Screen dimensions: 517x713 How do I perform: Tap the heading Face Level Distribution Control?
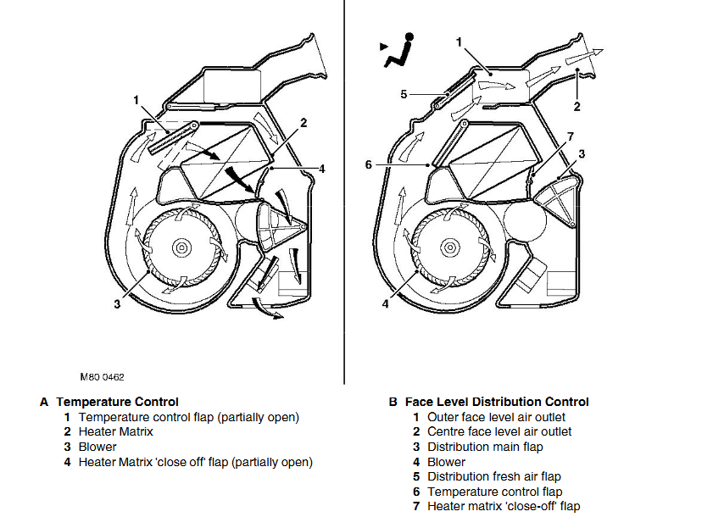[x=497, y=402]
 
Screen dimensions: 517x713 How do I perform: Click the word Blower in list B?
[x=446, y=462]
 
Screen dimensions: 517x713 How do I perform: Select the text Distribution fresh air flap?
[x=493, y=476]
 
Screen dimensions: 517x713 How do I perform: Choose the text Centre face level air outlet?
[x=499, y=431]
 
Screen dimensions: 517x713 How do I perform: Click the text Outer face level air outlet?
[x=496, y=417]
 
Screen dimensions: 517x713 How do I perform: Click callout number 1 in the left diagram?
[x=136, y=100]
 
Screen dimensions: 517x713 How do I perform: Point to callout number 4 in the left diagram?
[x=322, y=169]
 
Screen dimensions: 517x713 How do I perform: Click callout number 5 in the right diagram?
[x=404, y=94]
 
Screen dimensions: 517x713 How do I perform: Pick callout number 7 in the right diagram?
[x=570, y=136]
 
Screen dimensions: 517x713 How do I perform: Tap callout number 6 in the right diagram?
[x=369, y=164]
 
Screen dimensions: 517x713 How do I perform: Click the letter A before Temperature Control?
[x=44, y=402]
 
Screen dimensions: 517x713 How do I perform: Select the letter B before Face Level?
[x=393, y=402]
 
